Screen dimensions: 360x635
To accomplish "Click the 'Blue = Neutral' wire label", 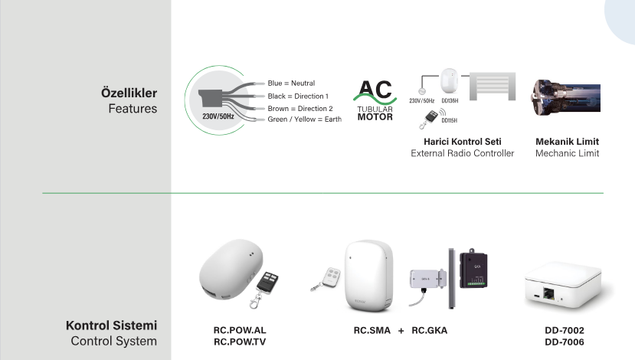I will pyautogui.click(x=291, y=83).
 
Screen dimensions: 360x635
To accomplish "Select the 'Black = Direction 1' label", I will pyautogui.click(x=298, y=96).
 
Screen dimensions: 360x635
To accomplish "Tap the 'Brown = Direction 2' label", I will pyautogui.click(x=299, y=108).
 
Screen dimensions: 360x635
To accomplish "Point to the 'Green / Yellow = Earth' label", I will pyautogui.click(x=304, y=119).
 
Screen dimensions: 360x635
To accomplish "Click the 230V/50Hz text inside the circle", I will pyautogui.click(x=218, y=116).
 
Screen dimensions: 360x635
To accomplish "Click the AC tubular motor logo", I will pyautogui.click(x=375, y=100).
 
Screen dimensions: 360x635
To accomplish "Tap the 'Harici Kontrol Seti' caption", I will pyautogui.click(x=462, y=142).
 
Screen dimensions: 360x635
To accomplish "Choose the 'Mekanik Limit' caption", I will pyautogui.click(x=567, y=142).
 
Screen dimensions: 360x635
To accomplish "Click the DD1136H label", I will pyautogui.click(x=450, y=100).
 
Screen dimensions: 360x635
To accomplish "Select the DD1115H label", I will pyautogui.click(x=450, y=120).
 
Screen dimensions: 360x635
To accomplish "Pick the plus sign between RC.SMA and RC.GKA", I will pyautogui.click(x=401, y=330).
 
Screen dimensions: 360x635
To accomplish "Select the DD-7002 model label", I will pyautogui.click(x=564, y=330).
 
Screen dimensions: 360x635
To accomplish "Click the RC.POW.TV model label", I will pyautogui.click(x=239, y=342).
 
